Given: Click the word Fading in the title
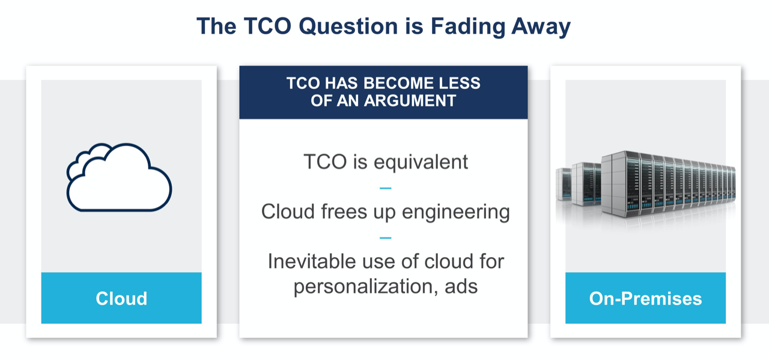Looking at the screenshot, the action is click(x=468, y=26).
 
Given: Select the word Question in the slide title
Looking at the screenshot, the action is click(x=348, y=26).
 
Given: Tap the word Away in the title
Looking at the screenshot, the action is click(x=541, y=27).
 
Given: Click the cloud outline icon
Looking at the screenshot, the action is click(x=119, y=177).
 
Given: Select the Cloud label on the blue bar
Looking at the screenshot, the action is click(x=121, y=298).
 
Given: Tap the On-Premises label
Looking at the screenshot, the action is click(x=645, y=298).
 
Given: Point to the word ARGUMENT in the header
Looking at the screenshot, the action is click(x=410, y=100).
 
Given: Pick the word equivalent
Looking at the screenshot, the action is click(x=421, y=162).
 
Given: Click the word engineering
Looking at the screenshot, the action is click(x=456, y=212).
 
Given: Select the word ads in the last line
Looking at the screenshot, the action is click(x=461, y=287).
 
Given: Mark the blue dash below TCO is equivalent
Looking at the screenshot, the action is click(x=386, y=188).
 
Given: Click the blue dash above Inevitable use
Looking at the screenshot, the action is click(x=386, y=238).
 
